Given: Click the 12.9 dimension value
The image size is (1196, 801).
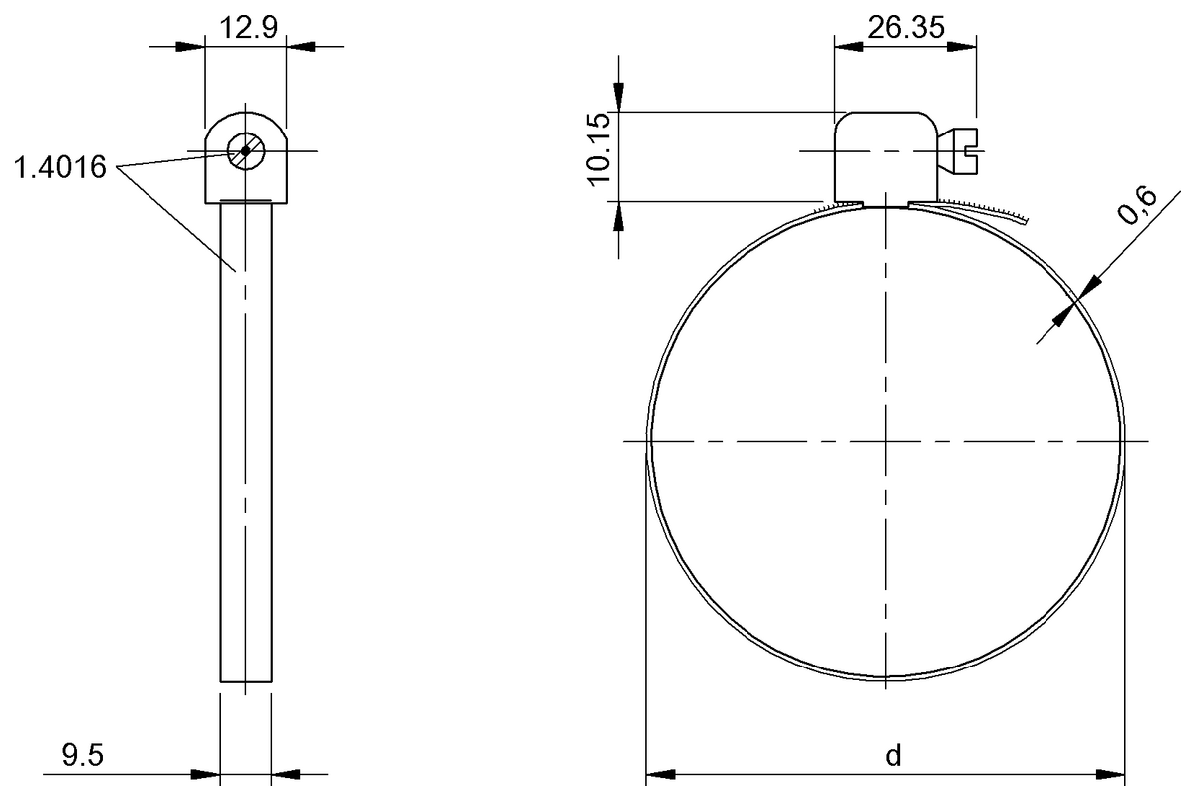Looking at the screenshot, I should pyautogui.click(x=245, y=27).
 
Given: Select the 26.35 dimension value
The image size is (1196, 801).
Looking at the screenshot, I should pyautogui.click(x=905, y=27).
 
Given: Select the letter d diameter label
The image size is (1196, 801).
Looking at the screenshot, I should pyautogui.click(x=893, y=756).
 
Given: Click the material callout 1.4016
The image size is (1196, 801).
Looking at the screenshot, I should pyautogui.click(x=59, y=168).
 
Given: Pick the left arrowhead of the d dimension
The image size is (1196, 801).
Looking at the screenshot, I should pyautogui.click(x=660, y=773).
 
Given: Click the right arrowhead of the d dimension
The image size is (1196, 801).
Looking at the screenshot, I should pyautogui.click(x=1112, y=773).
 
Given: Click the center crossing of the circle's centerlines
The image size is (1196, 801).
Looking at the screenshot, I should pyautogui.click(x=886, y=440).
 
